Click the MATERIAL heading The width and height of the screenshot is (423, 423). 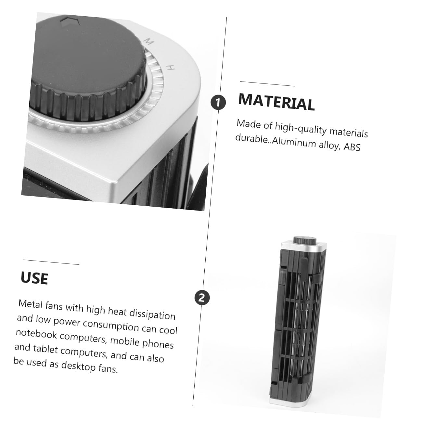click(x=276, y=102)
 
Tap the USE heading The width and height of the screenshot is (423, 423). click(x=34, y=278)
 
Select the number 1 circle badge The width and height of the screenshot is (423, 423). click(x=218, y=102)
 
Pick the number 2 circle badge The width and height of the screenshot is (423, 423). click(x=202, y=298)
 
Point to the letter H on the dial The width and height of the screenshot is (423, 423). click(x=171, y=67)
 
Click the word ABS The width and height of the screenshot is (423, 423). click(x=352, y=147)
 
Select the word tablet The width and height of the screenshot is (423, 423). click(x=45, y=348)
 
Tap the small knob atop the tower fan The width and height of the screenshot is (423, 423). click(x=305, y=240)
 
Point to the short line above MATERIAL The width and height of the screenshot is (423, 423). click(x=267, y=83)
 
